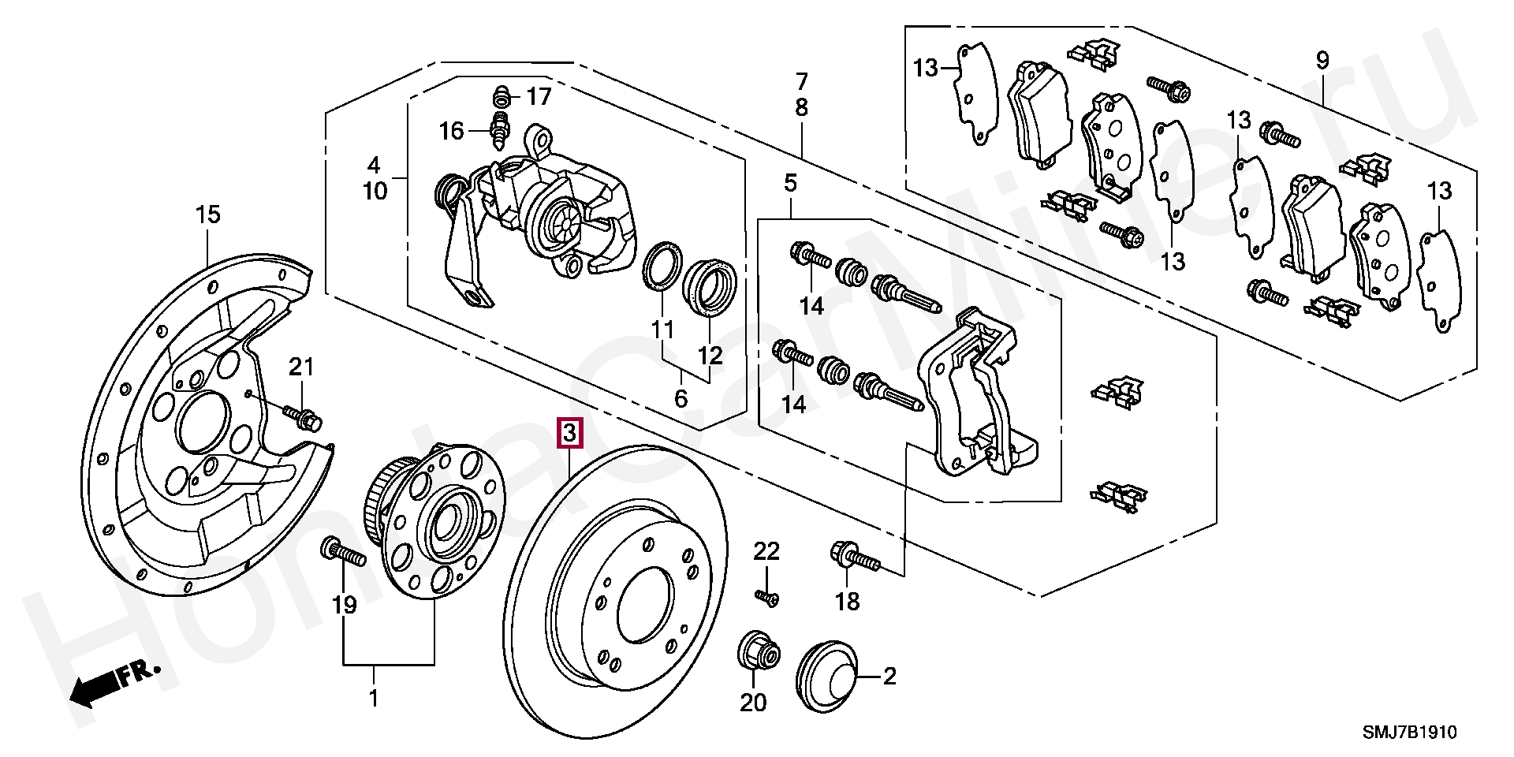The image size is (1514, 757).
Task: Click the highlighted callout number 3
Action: pos(570,433)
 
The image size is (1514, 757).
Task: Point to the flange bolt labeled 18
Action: pos(854,557)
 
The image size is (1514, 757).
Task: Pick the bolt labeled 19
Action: pos(343,553)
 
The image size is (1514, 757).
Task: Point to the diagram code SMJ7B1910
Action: pos(1411,733)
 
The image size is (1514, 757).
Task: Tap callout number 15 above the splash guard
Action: pos(208,214)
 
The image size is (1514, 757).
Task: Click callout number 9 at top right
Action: pos(1322,59)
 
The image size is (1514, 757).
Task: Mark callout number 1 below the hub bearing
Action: pos(374,698)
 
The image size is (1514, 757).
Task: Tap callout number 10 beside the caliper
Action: pos(375,191)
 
